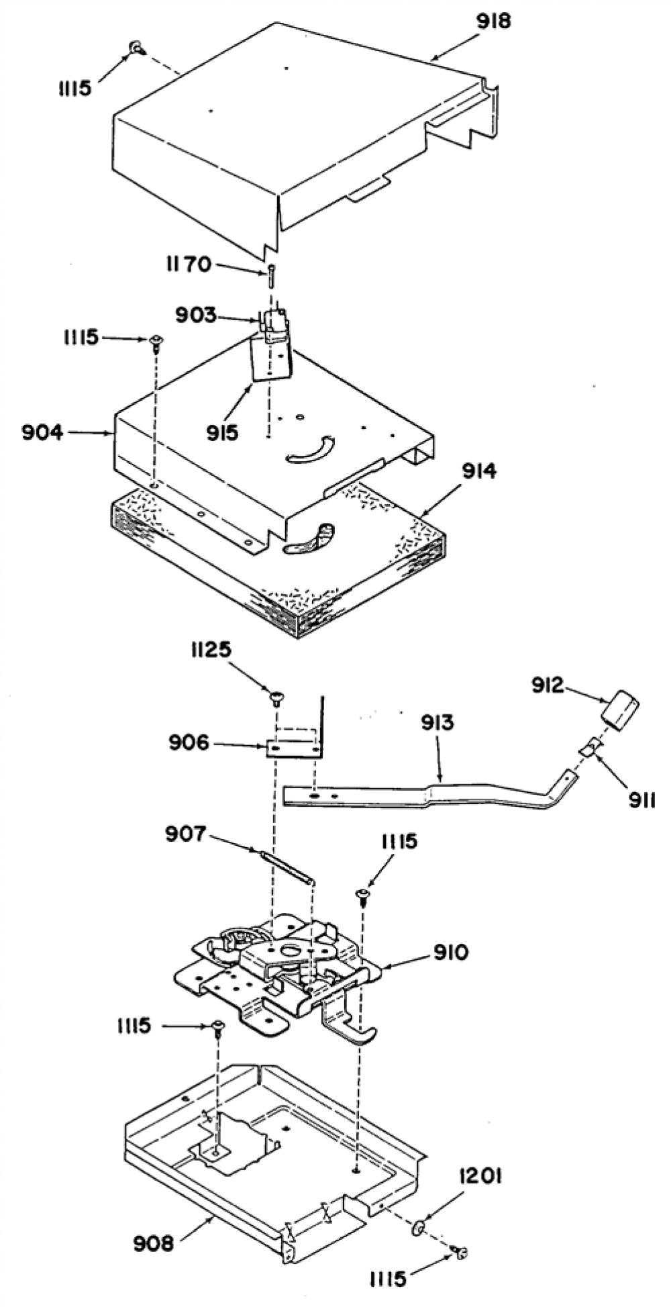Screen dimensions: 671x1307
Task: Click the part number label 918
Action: click(493, 22)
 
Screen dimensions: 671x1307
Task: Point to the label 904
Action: click(42, 433)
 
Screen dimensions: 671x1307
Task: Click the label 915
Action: click(222, 432)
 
